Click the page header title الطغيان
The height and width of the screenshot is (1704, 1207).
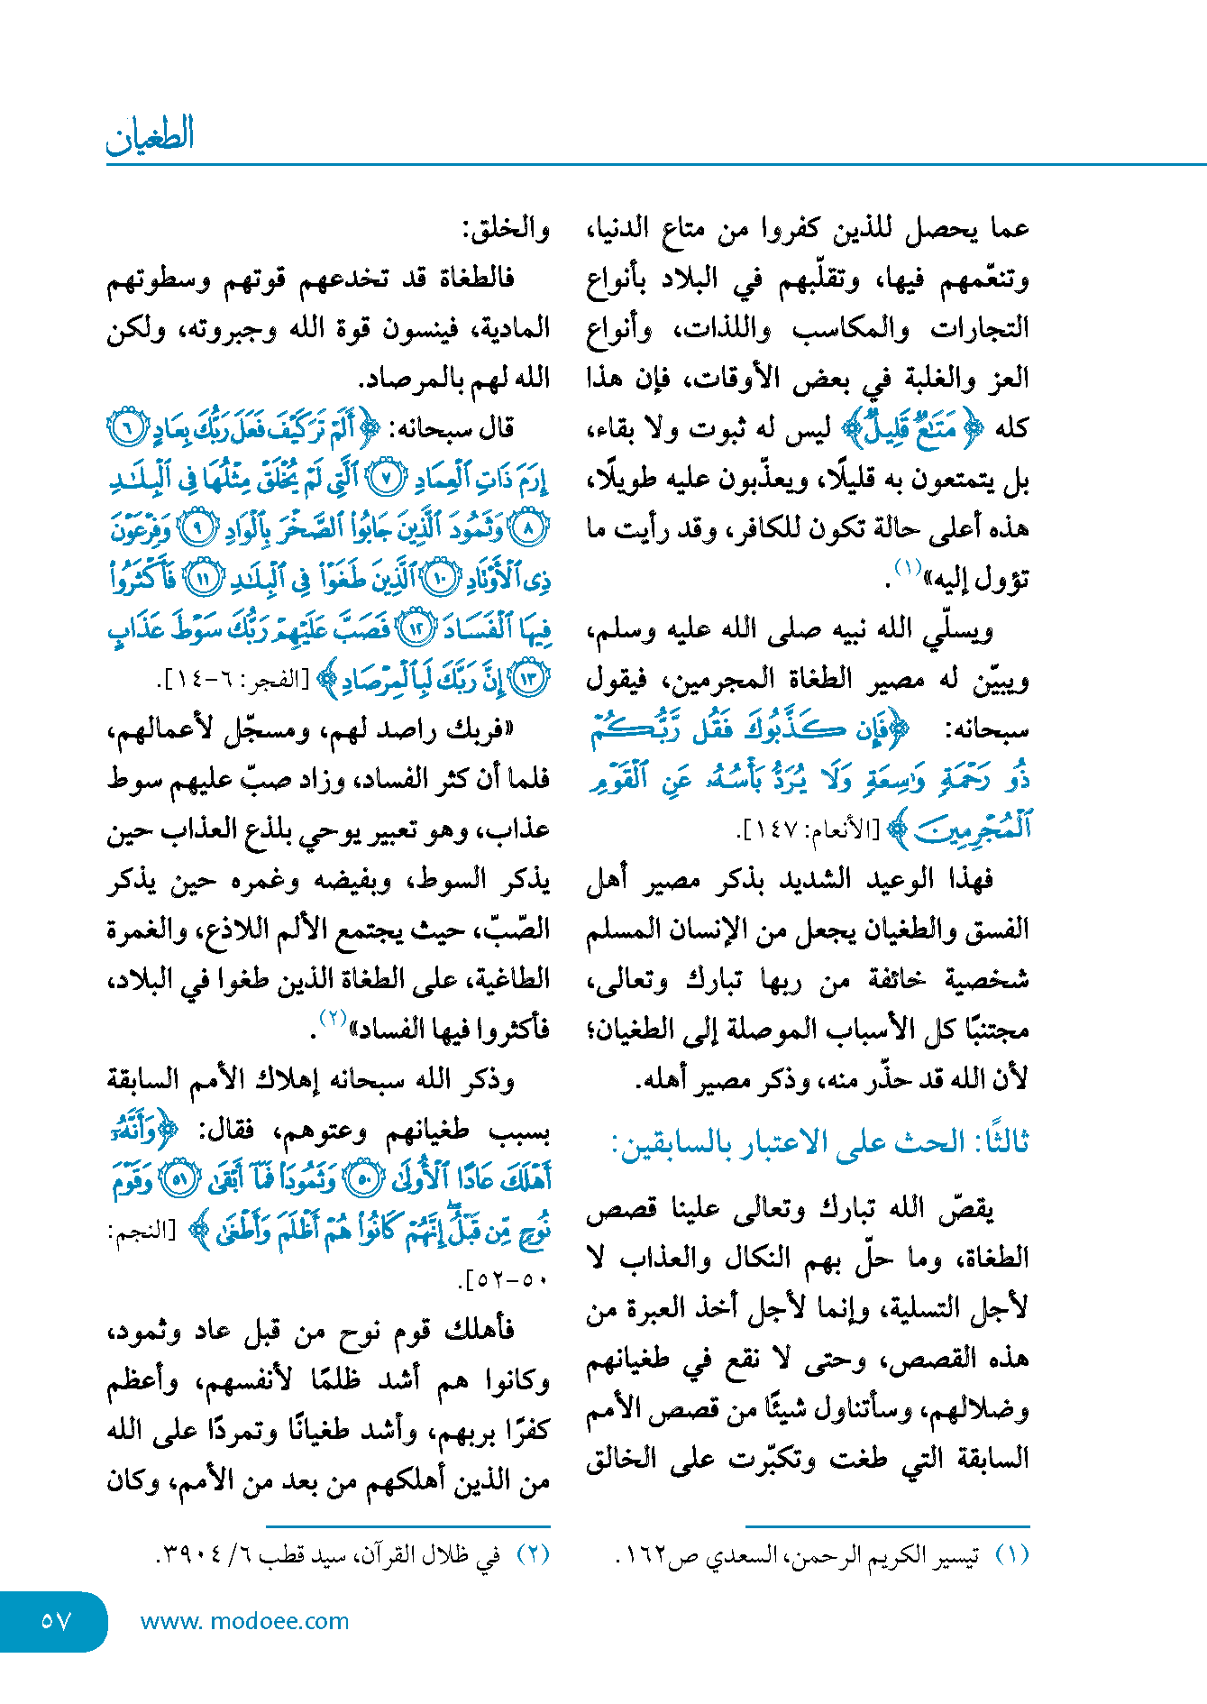coord(150,136)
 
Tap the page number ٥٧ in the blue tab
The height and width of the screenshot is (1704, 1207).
coord(55,1621)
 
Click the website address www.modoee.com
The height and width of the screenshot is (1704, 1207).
coord(244,1621)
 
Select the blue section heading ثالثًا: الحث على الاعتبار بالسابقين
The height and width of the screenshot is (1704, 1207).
coord(819,1142)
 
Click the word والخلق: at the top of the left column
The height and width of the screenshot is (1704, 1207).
coord(506,230)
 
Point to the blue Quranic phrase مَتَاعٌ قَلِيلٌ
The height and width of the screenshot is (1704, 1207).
coord(911,429)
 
